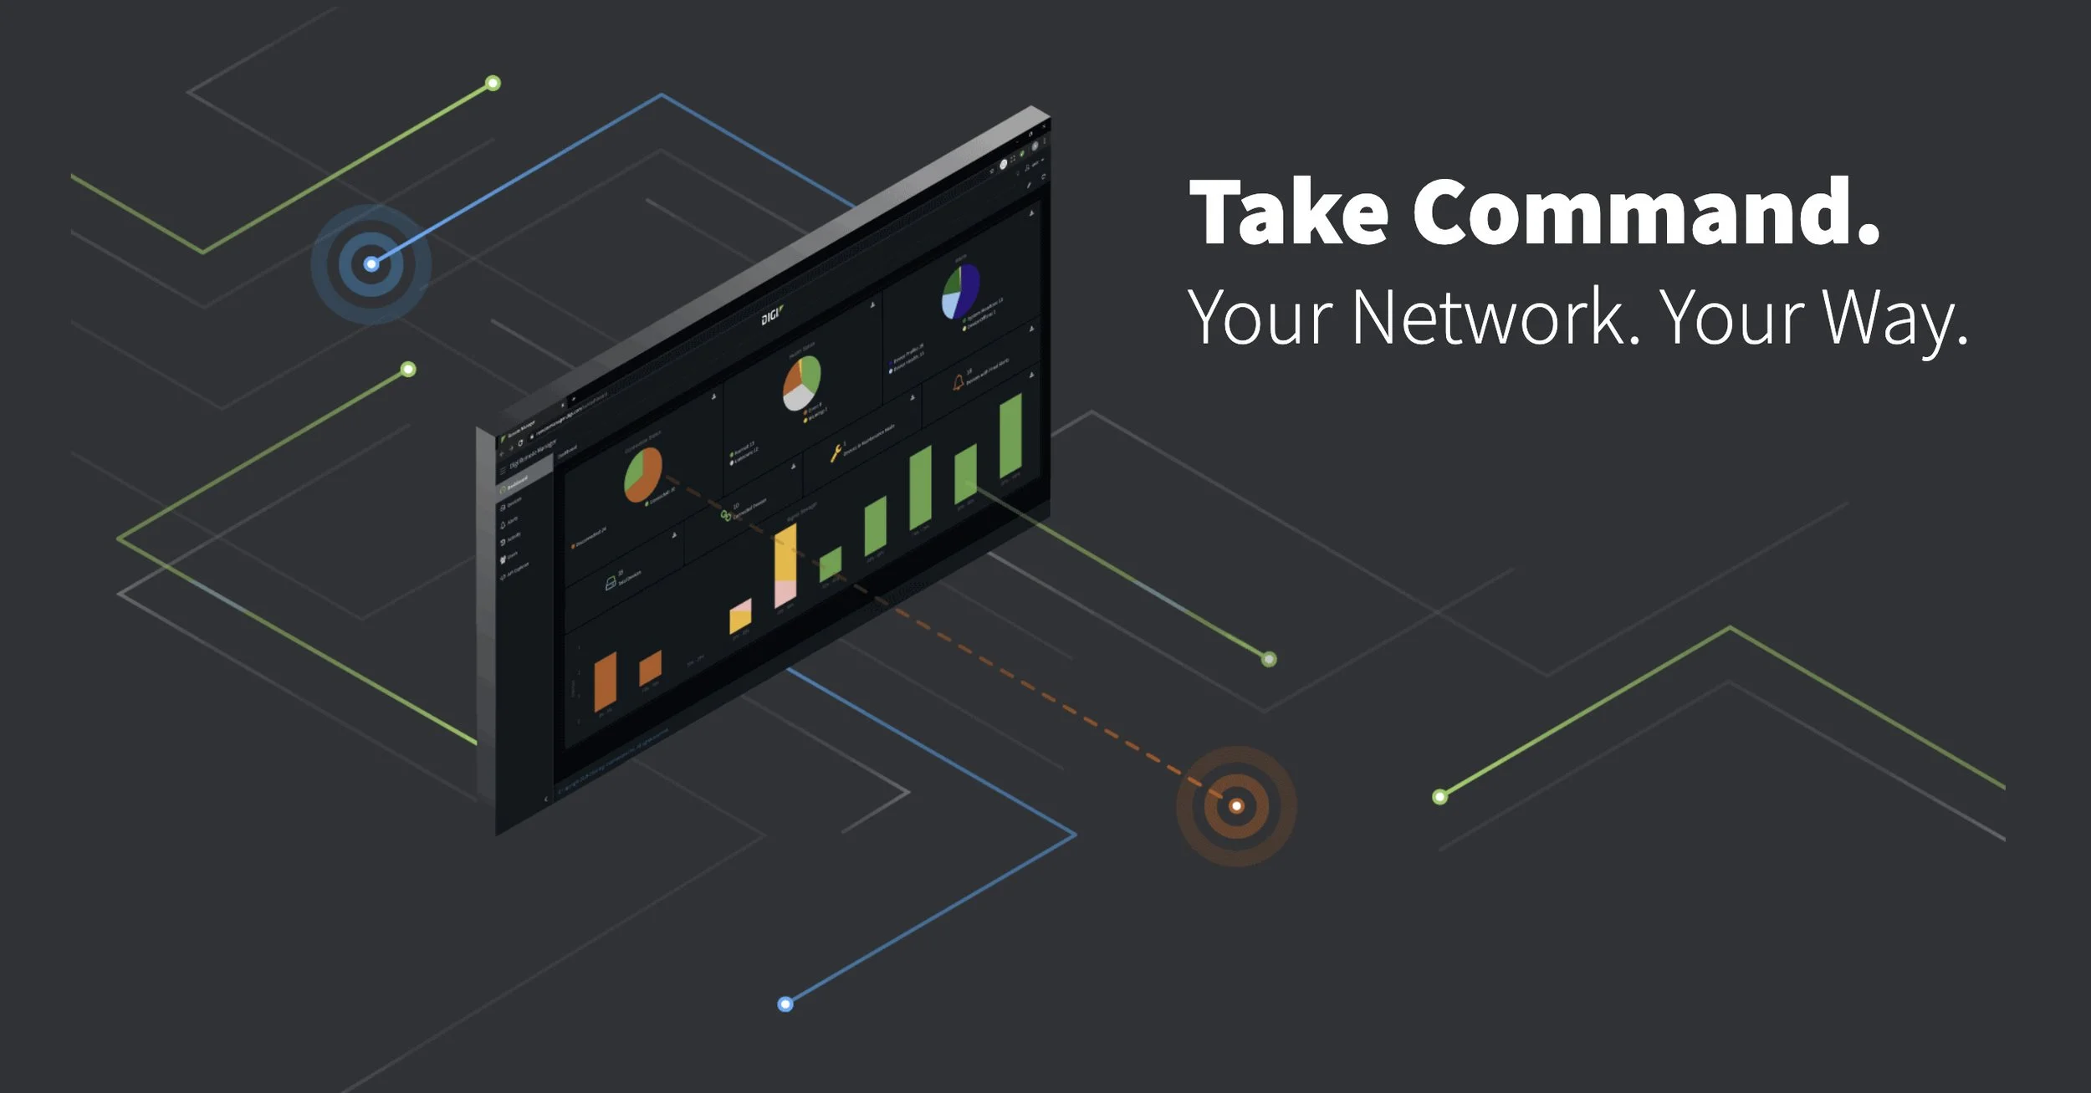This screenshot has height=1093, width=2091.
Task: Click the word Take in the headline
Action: [1288, 212]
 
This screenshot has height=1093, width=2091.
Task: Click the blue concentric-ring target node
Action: [371, 264]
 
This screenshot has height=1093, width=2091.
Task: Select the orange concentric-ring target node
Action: [1236, 806]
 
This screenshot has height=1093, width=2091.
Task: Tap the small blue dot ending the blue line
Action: [785, 1004]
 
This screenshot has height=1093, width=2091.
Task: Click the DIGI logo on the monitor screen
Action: [772, 316]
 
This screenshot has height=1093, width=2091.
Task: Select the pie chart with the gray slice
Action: [801, 383]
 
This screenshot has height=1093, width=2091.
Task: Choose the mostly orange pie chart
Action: [642, 474]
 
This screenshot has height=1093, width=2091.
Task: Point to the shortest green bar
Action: [831, 564]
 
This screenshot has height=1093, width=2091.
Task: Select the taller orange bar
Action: [605, 681]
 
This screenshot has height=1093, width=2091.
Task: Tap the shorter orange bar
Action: [650, 667]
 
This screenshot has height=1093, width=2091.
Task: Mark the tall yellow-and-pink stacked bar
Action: [785, 565]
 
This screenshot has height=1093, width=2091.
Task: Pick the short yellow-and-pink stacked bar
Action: [740, 617]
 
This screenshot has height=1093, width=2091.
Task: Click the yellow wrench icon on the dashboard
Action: [835, 453]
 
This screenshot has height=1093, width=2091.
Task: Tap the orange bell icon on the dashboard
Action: [958, 383]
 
